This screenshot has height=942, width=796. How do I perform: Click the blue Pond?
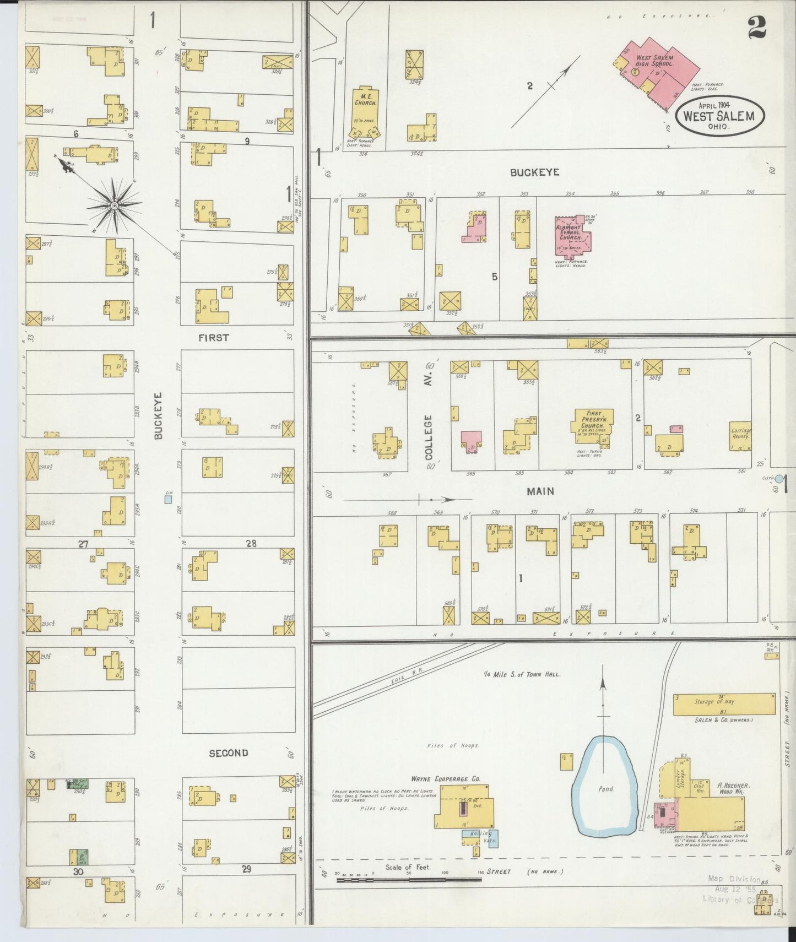pos(605,788)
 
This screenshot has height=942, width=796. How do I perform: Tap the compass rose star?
pos(114,206)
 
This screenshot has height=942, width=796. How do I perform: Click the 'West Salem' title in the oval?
pos(719,116)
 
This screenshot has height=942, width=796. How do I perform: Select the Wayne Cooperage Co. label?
pos(445,779)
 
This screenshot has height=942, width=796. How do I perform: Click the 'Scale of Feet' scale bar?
pos(409,880)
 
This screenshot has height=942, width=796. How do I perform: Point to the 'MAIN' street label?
pos(540,491)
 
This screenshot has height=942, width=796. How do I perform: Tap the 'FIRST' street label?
pos(214,338)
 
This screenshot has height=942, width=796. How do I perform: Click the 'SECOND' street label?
pos(228,752)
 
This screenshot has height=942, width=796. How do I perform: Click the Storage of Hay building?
pos(724,703)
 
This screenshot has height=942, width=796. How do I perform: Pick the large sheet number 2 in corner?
pos(757,27)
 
